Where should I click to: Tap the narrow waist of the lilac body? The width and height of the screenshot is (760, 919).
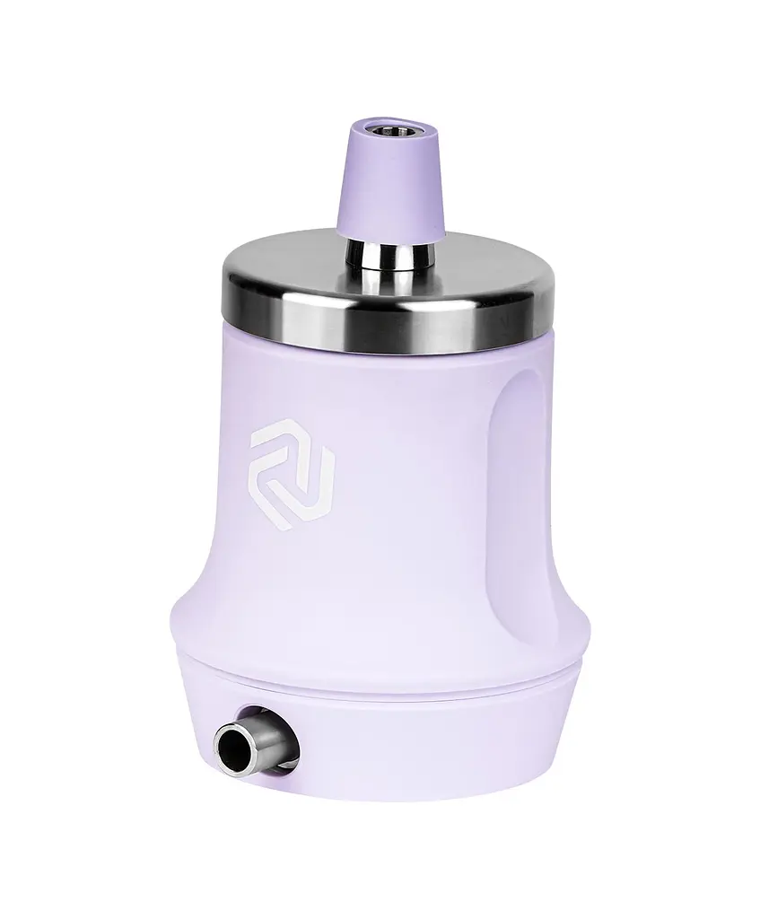[x=377, y=556]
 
